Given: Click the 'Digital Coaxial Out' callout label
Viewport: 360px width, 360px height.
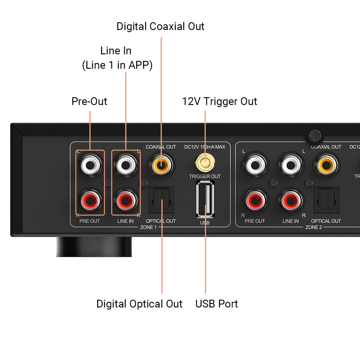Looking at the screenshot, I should (x=160, y=26).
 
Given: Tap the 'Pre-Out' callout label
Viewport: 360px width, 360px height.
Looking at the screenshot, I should (x=89, y=101).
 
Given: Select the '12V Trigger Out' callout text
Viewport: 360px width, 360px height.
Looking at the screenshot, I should (x=219, y=101).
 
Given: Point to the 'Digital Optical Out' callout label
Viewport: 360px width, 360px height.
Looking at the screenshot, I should (x=139, y=304).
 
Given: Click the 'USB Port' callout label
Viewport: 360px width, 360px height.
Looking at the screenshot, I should (x=216, y=304).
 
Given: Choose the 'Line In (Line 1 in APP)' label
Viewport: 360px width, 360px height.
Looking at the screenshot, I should (x=117, y=58).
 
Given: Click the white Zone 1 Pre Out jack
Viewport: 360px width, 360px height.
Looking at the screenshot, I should (x=90, y=165).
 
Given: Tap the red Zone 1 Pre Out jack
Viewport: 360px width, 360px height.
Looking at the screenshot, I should (x=90, y=200).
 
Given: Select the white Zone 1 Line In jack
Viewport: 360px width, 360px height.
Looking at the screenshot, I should (x=126, y=165).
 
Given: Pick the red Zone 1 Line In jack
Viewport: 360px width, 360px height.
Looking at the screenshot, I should (x=126, y=200).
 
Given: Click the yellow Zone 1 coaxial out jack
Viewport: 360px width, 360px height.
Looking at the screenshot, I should (x=161, y=165).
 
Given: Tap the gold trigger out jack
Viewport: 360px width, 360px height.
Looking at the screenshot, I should (x=205, y=162).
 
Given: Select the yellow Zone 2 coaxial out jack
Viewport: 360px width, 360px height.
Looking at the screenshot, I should (x=326, y=165).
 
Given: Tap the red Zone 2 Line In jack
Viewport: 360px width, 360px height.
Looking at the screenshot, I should (x=290, y=200).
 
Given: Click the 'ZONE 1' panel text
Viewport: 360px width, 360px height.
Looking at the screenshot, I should (x=148, y=227).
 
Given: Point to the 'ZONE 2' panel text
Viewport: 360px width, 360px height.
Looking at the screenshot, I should (x=313, y=227).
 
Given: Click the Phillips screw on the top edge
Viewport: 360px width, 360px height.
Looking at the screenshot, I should (x=315, y=136).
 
